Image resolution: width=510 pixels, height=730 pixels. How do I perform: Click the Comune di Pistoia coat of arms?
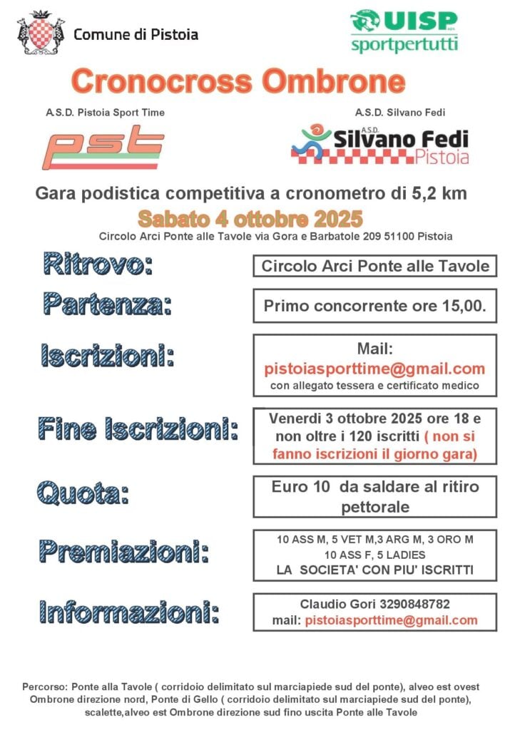[40, 34]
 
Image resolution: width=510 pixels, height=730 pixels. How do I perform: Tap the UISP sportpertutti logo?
[404, 31]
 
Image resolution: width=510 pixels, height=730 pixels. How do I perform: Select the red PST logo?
[102, 147]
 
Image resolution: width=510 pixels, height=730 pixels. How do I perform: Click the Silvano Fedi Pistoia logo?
[379, 145]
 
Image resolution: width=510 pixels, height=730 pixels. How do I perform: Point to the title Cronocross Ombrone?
[238, 81]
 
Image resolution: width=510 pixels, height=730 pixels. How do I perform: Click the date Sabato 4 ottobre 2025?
[250, 217]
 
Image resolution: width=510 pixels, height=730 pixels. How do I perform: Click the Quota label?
[83, 492]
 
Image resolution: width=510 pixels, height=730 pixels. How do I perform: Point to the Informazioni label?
[129, 612]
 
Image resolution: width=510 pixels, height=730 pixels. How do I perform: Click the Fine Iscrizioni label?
[138, 429]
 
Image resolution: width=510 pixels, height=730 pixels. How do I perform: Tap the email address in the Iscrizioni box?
[374, 369]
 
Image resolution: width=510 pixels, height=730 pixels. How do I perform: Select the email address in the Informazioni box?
[391, 620]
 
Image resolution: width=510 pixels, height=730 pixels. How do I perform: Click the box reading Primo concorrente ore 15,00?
[374, 307]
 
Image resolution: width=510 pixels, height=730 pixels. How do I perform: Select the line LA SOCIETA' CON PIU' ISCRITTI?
[374, 570]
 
